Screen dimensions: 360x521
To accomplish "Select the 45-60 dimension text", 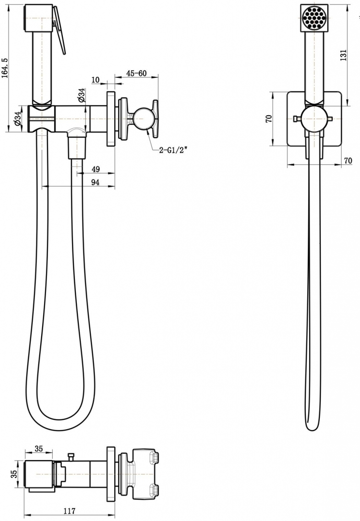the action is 136,73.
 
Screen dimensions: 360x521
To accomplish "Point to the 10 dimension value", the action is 96,80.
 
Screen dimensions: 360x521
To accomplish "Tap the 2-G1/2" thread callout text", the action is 173,150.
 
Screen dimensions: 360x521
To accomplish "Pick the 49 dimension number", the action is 96,169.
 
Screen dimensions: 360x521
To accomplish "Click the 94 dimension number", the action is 96,182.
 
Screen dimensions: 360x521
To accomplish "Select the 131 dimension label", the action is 343,55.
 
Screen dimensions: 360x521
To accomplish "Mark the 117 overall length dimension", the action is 69,511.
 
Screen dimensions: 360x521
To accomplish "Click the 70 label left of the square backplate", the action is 269,118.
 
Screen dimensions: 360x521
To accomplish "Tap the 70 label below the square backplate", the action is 348,161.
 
